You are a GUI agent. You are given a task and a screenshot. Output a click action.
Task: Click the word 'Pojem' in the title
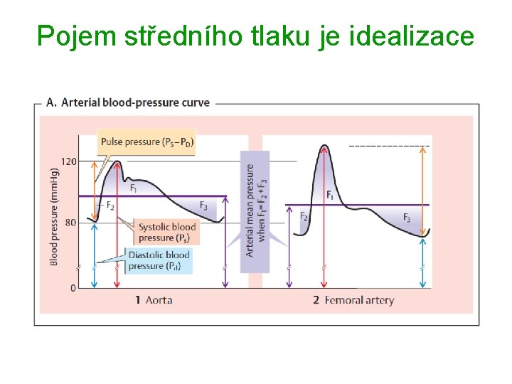pyautogui.click(x=70, y=35)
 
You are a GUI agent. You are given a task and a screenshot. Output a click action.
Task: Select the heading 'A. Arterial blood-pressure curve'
pyautogui.click(x=128, y=102)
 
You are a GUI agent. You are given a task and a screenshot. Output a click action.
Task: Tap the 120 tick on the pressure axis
pyautogui.click(x=68, y=161)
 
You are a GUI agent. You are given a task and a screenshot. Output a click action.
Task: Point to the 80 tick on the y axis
pyautogui.click(x=70, y=223)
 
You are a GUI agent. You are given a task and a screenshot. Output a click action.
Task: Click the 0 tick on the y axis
pyautogui.click(x=73, y=288)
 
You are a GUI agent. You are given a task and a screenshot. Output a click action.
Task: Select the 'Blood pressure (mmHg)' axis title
pyautogui.click(x=54, y=217)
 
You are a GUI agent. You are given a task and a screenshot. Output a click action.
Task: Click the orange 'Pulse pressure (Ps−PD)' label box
pyautogui.click(x=146, y=142)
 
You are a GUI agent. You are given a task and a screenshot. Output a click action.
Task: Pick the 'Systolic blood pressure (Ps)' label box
pyautogui.click(x=168, y=233)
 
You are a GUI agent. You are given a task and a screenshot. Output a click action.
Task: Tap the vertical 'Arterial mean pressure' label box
pyautogui.click(x=255, y=210)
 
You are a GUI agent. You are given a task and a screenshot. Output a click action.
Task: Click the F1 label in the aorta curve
pyautogui.click(x=134, y=188)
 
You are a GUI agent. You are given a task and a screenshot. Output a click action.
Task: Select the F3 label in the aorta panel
pyautogui.click(x=203, y=206)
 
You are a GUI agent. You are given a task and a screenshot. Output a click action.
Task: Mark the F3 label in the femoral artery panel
pyautogui.click(x=407, y=218)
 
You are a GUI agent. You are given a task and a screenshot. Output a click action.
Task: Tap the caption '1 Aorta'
pyautogui.click(x=154, y=300)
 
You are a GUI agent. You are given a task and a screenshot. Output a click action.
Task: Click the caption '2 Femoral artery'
pyautogui.click(x=353, y=300)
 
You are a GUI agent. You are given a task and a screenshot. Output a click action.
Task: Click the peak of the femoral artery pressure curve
pyautogui.click(x=324, y=146)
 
